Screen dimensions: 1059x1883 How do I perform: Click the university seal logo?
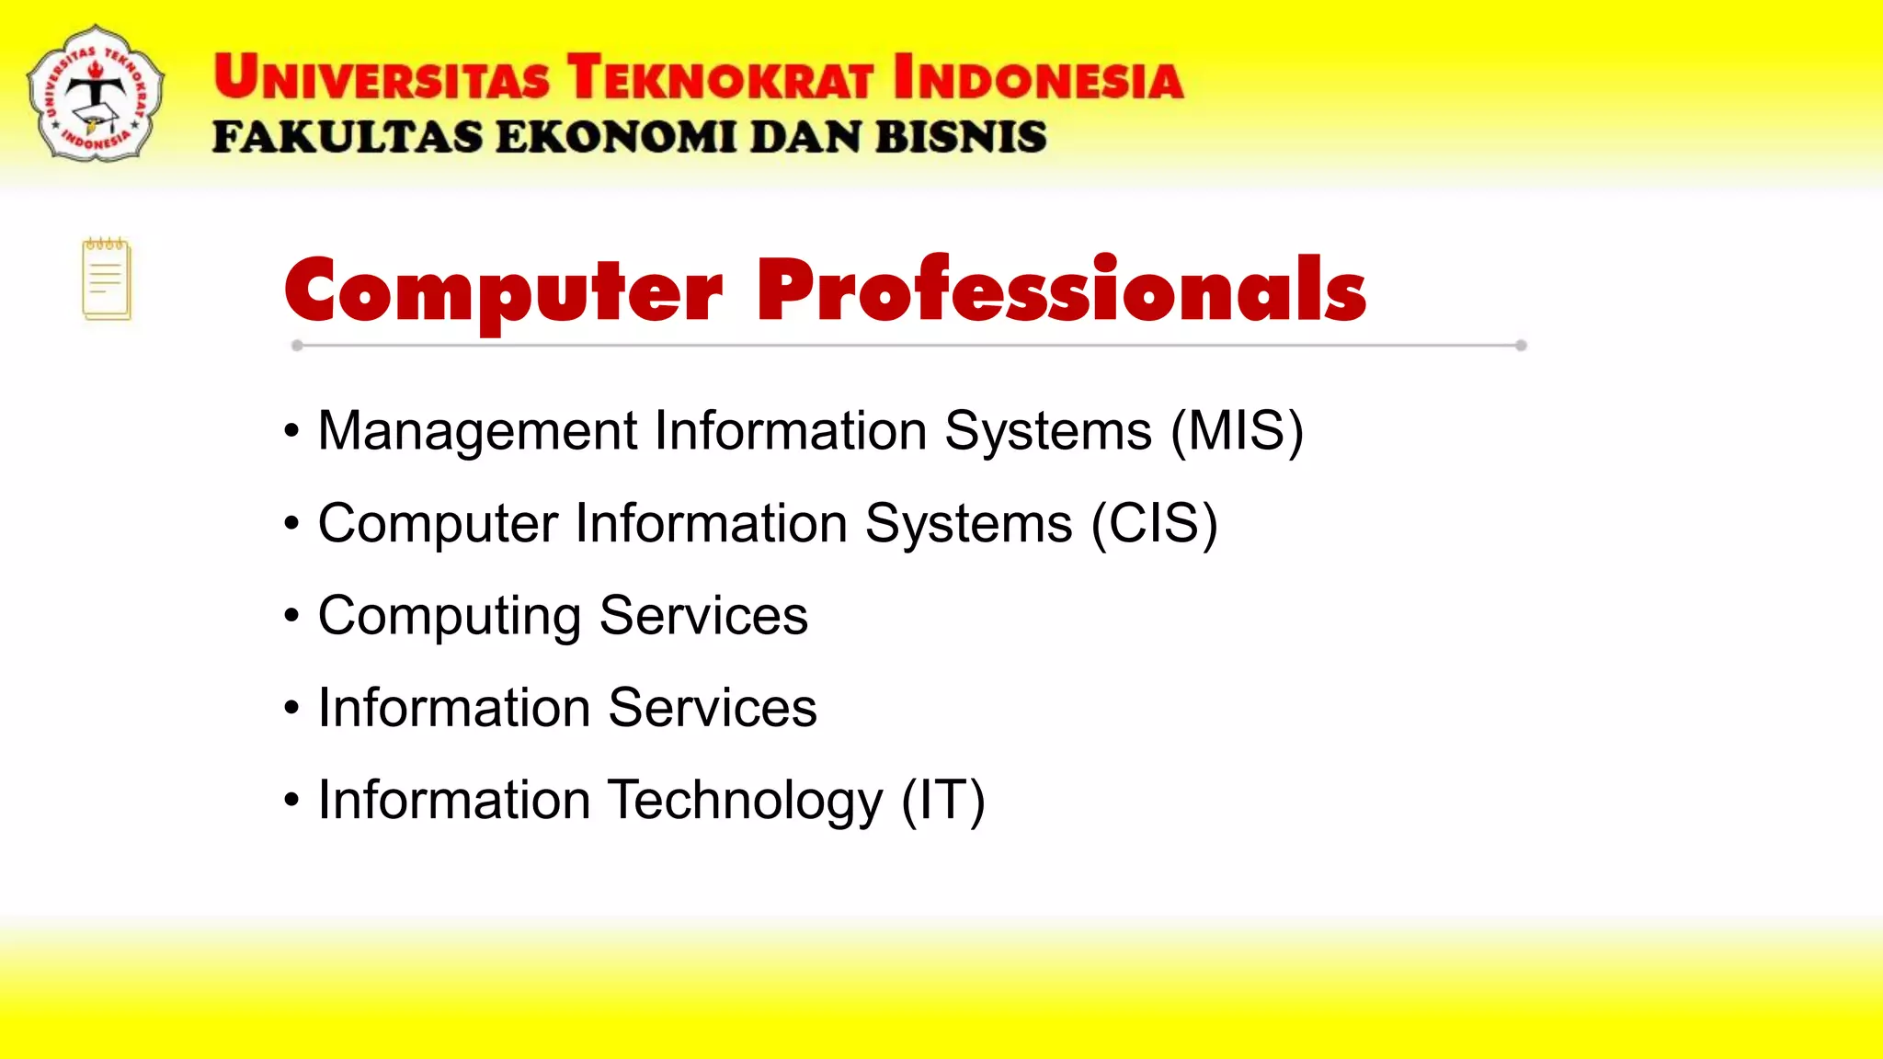click(x=96, y=95)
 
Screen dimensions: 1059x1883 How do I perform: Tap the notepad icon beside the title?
click(x=107, y=279)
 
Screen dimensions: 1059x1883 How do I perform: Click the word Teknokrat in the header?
click(x=719, y=78)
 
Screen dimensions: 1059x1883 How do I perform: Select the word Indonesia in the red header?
click(x=1038, y=78)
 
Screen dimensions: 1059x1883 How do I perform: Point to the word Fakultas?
click(x=347, y=138)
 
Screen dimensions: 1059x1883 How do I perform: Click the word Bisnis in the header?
click(x=961, y=138)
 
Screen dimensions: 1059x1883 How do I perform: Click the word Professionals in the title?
click(x=1061, y=290)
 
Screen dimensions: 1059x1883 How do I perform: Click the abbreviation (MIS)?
click(x=1237, y=430)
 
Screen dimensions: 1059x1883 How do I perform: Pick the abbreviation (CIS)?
click(x=1154, y=523)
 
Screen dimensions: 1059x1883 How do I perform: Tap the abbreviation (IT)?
click(x=942, y=800)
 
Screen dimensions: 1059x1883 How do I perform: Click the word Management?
click(x=477, y=431)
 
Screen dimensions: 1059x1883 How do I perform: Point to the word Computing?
click(x=449, y=616)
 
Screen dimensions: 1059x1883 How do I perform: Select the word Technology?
click(x=746, y=800)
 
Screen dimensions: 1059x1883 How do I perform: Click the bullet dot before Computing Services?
click(x=291, y=615)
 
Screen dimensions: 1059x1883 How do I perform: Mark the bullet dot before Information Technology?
click(x=291, y=800)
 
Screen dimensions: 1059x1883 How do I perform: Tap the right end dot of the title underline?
click(x=1521, y=346)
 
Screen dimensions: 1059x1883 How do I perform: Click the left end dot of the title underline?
click(x=297, y=346)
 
